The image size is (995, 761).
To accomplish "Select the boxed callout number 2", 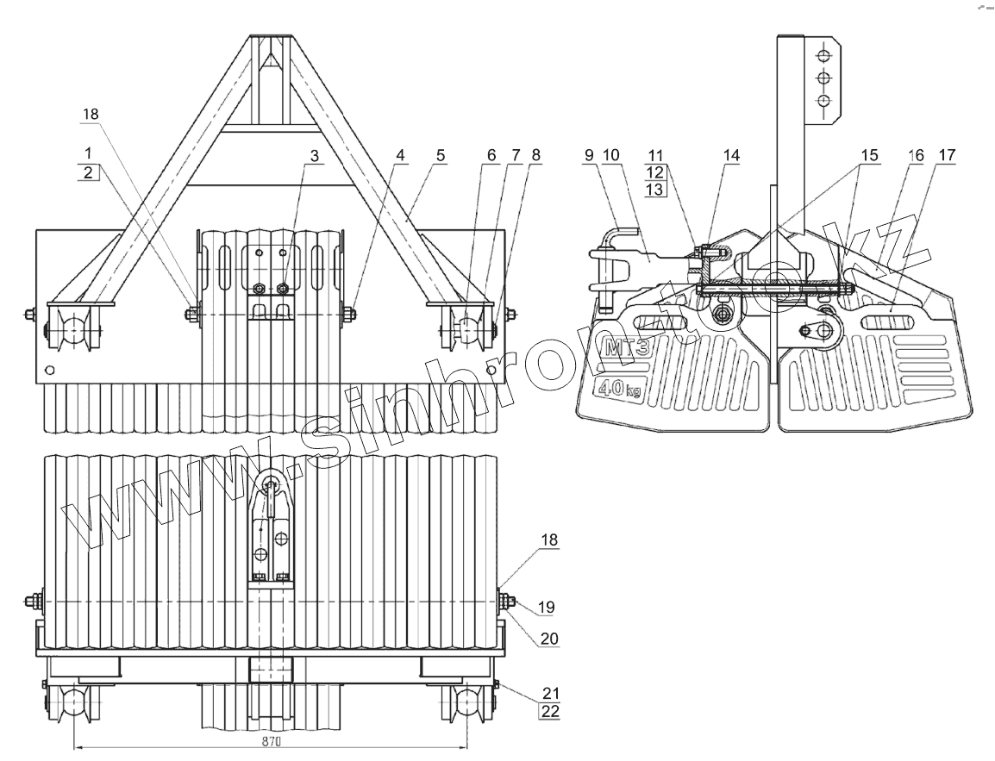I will pos(88,172).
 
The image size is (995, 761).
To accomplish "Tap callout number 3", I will pos(314,156).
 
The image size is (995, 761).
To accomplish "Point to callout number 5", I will pos(441,156).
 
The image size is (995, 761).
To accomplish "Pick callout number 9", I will pos(590,156).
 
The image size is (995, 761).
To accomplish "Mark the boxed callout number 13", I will pos(654,190).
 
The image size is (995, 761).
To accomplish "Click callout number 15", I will pos(869,156).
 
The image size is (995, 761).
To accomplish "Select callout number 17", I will pos(947,156).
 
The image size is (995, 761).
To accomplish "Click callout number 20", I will pos(548,639).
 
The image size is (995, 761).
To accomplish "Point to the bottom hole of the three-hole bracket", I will pos(824,101).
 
